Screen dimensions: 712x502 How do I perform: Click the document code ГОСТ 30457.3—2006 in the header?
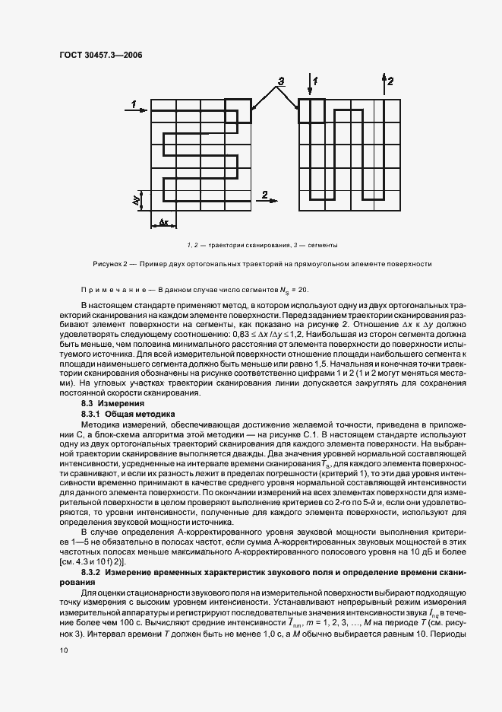[x=101, y=55]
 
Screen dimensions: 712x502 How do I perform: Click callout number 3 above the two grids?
[x=280, y=81]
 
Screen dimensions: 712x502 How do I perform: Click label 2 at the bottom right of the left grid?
[x=264, y=195]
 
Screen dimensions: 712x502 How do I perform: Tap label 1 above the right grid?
[x=315, y=80]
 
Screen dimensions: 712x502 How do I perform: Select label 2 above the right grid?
[x=390, y=80]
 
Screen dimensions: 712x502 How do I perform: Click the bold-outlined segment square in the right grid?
[x=311, y=110]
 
